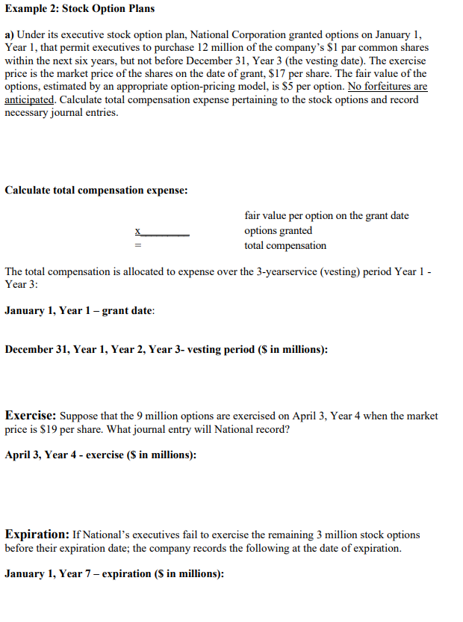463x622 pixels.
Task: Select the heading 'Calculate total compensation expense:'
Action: (x=96, y=190)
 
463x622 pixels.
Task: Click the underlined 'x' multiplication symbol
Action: (x=137, y=231)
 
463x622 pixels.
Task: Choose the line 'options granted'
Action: (x=279, y=231)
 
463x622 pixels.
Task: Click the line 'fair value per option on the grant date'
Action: (x=326, y=216)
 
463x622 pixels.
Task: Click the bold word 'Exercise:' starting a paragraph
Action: (x=30, y=415)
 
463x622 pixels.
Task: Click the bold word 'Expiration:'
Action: (x=37, y=535)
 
